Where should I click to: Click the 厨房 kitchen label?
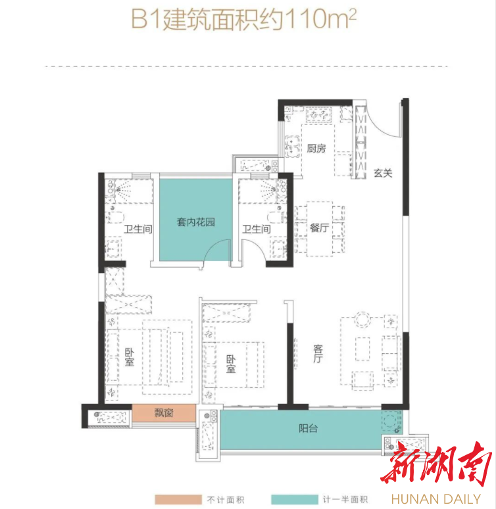pos(316,149)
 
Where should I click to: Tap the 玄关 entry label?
pos(383,173)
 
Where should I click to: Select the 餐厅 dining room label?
pos(319,228)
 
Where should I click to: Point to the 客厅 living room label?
pos(318,354)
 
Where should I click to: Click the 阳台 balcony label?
pos(308,429)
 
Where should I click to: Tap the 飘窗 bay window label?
pos(164,413)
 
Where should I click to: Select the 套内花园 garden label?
pos(196,222)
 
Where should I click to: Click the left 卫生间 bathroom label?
pos(138,229)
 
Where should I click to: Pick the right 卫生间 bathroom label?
pos(257,229)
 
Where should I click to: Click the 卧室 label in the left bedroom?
pos(130,357)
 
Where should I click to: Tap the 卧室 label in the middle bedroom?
pos(231,364)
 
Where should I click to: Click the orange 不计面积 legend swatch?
pos(178,499)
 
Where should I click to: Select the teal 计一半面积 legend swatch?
pos(295,499)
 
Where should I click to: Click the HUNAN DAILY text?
pos(436,499)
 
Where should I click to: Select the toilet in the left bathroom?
pos(115,216)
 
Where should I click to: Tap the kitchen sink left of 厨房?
pos(292,146)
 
